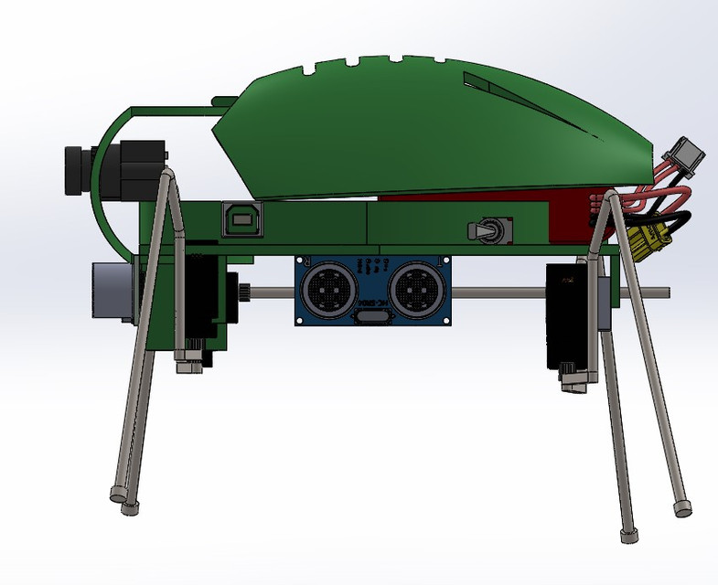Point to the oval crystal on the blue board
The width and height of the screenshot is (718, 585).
[x=370, y=316]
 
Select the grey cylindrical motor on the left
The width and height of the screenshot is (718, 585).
[x=110, y=290]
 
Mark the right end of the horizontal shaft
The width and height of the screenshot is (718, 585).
[x=666, y=293]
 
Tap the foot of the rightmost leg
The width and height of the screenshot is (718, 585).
[x=681, y=508]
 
